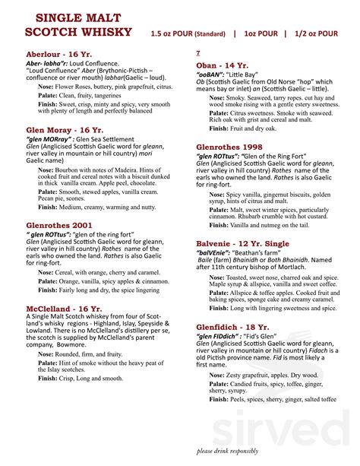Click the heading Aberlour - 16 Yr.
(62, 55)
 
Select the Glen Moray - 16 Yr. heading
(65, 130)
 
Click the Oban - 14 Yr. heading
(223, 65)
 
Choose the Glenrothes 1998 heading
(231, 146)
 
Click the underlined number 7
(198, 52)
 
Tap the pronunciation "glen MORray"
(49, 141)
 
